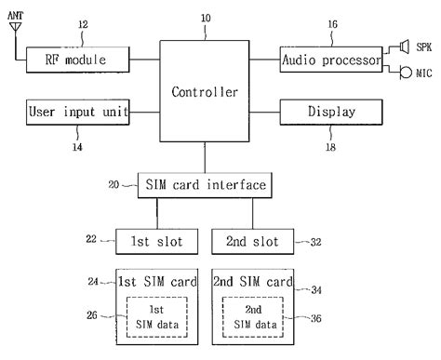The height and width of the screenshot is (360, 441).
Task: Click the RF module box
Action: pyautogui.click(x=78, y=60)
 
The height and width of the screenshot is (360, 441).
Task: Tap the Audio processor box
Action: pyautogui.click(x=330, y=60)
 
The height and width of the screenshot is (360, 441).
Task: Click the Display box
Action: pyautogui.click(x=330, y=113)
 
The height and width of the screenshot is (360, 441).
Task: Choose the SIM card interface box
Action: pyautogui.click(x=206, y=185)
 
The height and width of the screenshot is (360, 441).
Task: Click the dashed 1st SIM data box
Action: pyautogui.click(x=155, y=317)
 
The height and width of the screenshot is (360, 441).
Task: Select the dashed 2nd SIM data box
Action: pyautogui.click(x=253, y=317)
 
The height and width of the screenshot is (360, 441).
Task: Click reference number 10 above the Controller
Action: pyautogui.click(x=205, y=19)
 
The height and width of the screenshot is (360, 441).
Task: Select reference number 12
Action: pyautogui.click(x=83, y=24)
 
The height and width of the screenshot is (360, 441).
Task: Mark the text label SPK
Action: pyautogui.click(x=423, y=46)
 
